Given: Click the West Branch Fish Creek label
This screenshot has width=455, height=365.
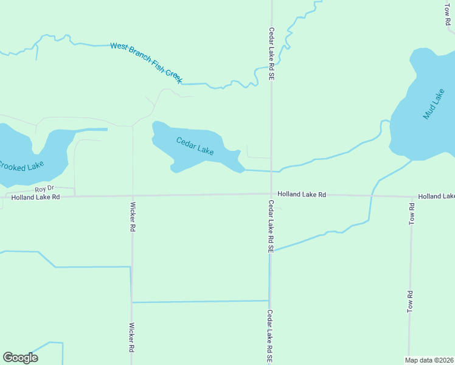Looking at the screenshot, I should tap(146, 63).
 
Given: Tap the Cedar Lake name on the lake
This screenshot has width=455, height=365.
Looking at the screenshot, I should tap(195, 146).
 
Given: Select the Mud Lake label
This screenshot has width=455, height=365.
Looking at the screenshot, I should tap(434, 104).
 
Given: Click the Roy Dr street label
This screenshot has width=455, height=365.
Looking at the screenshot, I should tap(44, 189).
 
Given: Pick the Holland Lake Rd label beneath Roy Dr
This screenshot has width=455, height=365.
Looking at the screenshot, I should tap(35, 197).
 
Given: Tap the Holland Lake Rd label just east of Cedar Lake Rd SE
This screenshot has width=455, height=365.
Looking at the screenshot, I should tap(302, 195).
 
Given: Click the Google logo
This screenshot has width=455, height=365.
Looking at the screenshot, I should tap(20, 358).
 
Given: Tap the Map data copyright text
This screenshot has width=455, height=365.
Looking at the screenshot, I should tap(429, 360).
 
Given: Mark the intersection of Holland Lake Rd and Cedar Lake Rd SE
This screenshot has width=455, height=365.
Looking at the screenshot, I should tap(271, 195).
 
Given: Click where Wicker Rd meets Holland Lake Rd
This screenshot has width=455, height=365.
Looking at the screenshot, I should tap(133, 196).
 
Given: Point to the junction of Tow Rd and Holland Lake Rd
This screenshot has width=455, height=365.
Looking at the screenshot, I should tap(411, 196).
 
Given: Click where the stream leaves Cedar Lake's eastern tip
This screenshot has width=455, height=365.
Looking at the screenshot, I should tap(245, 170).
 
